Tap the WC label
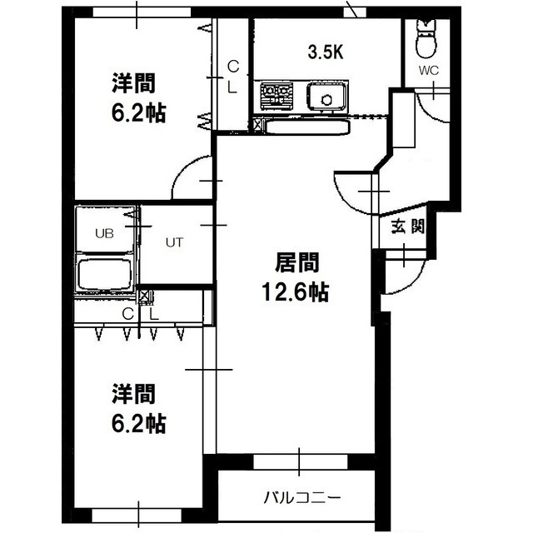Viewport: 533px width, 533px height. pos(429,71)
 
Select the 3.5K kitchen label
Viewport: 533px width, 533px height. pos(326,52)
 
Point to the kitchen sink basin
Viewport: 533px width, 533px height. pos(327,97)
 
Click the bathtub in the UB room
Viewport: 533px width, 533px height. pos(104,274)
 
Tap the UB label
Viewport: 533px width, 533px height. pos(104,234)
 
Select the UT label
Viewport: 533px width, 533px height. pos(174,242)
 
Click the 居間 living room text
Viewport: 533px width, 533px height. pos(296,262)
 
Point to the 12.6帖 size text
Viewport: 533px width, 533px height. pos(295,292)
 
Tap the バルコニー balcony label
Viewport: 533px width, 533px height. pos(301,499)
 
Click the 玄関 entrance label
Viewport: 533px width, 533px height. pos(408,226)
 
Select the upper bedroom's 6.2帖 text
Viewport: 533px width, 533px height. pos(139,113)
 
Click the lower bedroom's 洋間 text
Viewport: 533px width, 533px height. pos(133,394)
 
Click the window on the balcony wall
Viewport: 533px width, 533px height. pos(301,462)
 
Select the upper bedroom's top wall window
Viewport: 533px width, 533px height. pos(142,12)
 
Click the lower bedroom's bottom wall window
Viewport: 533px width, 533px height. pos(137,516)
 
